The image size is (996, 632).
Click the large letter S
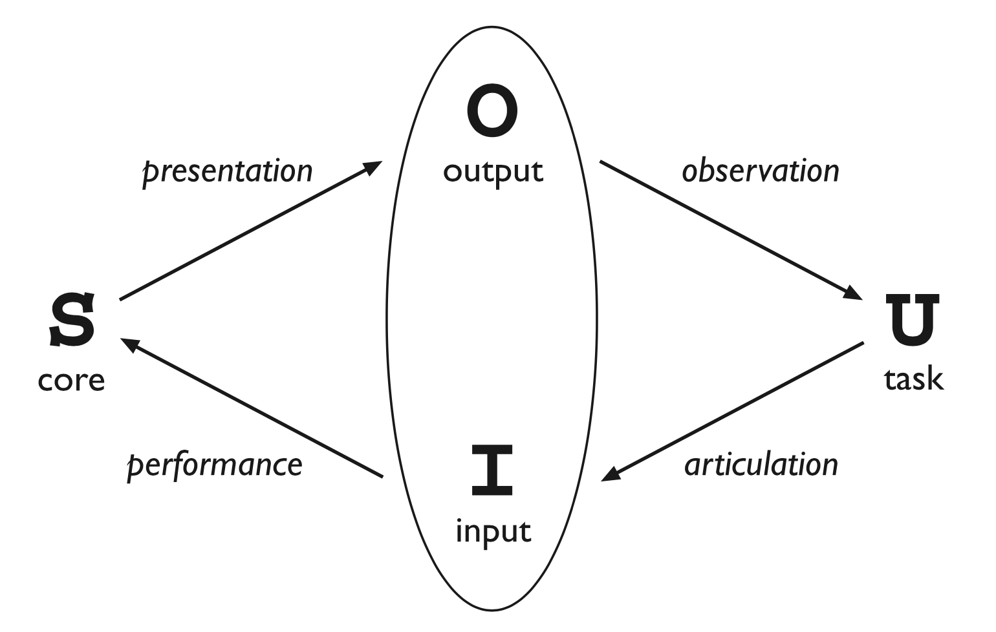72,320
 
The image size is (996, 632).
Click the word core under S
71,380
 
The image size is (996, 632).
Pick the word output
493,172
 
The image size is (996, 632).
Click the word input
493,532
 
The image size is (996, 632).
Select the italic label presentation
228,171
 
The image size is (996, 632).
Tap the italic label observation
761,171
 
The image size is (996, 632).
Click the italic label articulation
761,465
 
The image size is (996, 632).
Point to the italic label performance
215,465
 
